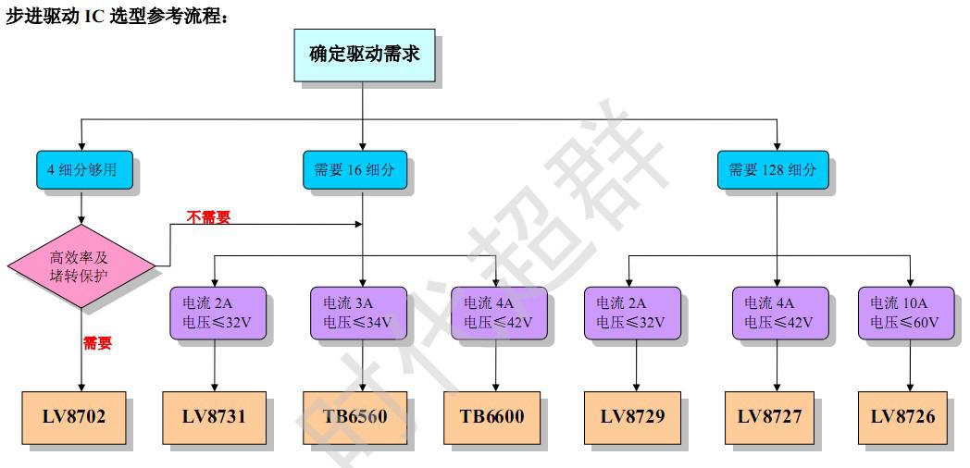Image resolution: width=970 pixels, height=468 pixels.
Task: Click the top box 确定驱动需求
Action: point(364,55)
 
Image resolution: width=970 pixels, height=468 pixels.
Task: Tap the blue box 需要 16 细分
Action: point(354,170)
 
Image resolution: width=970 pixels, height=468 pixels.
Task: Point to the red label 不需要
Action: point(208,217)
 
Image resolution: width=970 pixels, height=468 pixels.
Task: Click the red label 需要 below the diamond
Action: point(97,343)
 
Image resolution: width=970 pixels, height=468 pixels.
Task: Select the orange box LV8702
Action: point(74,417)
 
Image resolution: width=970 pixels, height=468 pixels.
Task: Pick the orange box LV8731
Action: point(215,417)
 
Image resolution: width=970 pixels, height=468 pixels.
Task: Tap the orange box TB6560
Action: point(354,417)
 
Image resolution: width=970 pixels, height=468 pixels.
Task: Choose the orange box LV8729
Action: point(632,417)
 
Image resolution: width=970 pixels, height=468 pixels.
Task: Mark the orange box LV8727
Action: point(769,417)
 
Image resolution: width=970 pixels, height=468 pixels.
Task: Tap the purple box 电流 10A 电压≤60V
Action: point(905,313)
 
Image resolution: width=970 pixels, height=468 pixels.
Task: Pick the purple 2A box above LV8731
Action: point(218,313)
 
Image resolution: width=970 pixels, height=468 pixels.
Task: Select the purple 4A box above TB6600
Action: point(498,313)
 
